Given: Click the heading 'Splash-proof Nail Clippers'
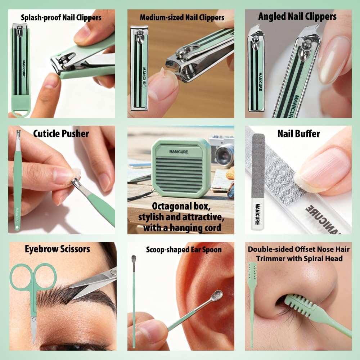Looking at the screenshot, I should (61, 17).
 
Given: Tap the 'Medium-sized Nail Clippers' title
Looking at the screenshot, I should (182, 17).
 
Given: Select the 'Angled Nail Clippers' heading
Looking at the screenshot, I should (297, 17).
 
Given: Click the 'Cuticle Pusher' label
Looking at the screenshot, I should (61, 134).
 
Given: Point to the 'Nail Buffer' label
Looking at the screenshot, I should (298, 134).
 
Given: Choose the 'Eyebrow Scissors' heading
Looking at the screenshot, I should (58, 249).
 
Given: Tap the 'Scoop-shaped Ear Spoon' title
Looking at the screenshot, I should (184, 249).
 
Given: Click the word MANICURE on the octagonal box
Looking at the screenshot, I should (179, 152).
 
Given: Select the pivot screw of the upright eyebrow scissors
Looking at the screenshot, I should (33, 319).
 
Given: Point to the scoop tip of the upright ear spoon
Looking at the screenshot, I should (134, 259).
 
